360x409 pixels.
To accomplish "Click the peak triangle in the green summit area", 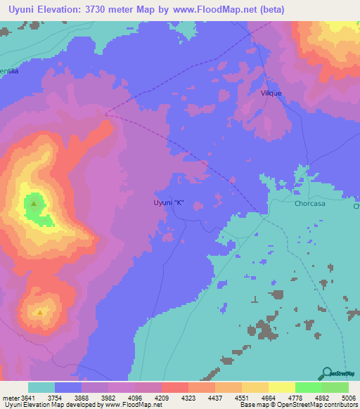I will point(34,204).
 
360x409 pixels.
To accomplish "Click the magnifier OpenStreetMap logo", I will point(327,373).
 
